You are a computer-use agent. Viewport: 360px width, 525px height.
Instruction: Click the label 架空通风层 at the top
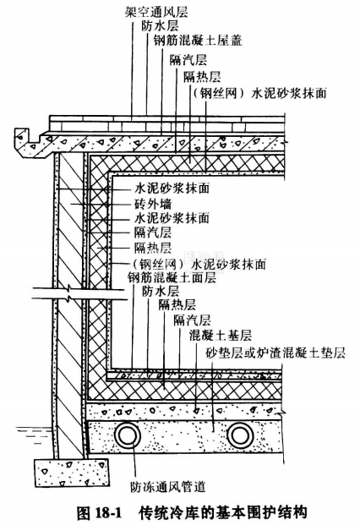(x=156, y=12)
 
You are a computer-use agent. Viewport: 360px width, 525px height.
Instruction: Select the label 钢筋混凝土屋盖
(x=197, y=41)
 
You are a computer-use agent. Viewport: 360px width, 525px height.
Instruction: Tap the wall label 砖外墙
(x=153, y=204)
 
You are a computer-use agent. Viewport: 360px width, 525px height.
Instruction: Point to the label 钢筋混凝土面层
(x=172, y=277)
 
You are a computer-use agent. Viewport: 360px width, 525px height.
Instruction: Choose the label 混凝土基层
(x=220, y=335)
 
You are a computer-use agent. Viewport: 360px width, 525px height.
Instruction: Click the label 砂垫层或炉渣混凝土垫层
(x=275, y=353)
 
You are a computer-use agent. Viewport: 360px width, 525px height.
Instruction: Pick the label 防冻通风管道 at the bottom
(x=167, y=486)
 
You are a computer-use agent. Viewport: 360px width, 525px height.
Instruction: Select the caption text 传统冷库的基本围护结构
(x=222, y=512)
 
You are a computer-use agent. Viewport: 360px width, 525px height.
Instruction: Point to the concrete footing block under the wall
(x=73, y=473)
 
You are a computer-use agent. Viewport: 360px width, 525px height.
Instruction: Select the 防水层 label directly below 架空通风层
(x=160, y=25)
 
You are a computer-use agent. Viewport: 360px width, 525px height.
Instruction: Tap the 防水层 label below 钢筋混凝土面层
(x=161, y=292)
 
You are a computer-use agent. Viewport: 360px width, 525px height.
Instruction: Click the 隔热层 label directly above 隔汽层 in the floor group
(x=177, y=305)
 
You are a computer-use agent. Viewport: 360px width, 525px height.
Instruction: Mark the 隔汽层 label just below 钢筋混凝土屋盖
(x=188, y=60)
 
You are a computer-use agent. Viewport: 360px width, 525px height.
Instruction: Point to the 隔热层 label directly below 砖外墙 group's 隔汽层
(x=153, y=248)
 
